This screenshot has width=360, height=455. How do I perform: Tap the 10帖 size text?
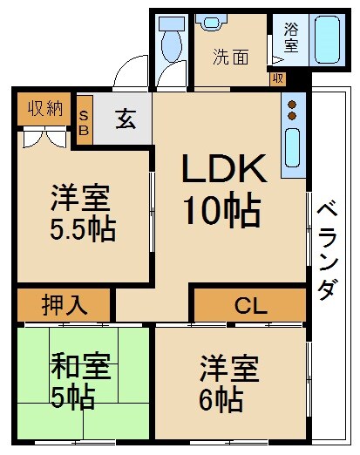[221, 209]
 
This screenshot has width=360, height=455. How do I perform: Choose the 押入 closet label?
[65, 306]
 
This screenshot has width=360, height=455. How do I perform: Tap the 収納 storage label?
[44, 108]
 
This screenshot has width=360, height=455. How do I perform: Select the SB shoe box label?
[85, 120]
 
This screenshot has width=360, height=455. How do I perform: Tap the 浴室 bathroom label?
[290, 37]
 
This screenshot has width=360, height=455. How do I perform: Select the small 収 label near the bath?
[278, 78]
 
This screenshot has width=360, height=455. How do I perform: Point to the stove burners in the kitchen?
[292, 110]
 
